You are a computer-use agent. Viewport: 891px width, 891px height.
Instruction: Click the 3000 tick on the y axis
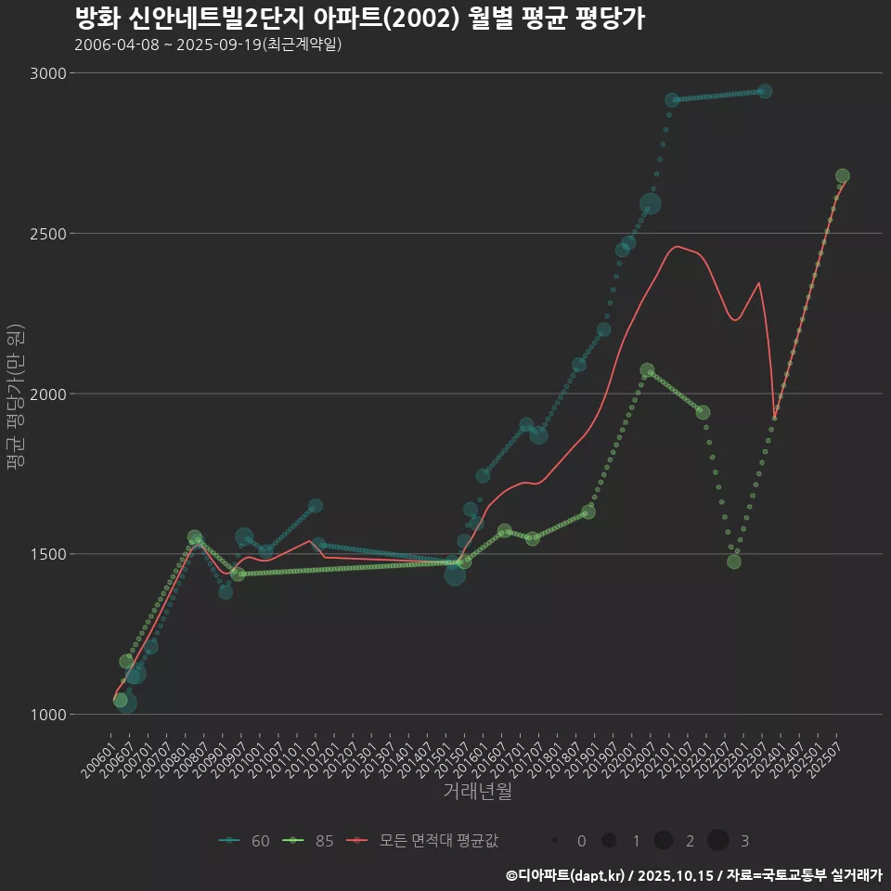[x=47, y=73]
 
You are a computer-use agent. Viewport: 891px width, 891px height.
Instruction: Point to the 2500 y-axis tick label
[x=47, y=234]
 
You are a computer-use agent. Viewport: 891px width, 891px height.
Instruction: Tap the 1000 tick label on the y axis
[x=47, y=715]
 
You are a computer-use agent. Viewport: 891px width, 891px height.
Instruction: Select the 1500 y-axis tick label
[x=47, y=554]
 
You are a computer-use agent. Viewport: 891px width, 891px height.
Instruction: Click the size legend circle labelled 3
[x=718, y=841]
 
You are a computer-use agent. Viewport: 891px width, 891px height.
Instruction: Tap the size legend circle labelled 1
[x=609, y=841]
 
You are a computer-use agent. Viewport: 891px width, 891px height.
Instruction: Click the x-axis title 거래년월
[x=477, y=791]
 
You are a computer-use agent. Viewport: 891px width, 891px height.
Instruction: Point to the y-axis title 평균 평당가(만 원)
[x=15, y=394]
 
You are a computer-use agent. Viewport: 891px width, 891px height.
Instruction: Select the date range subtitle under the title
[x=208, y=45]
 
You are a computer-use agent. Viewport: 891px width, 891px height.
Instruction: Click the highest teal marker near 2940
[x=765, y=91]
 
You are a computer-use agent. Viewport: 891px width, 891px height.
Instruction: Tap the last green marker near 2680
[x=843, y=176]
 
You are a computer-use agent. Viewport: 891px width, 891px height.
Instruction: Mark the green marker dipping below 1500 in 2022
[x=734, y=562]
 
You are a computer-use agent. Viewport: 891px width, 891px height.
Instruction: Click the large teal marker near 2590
[x=650, y=204]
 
